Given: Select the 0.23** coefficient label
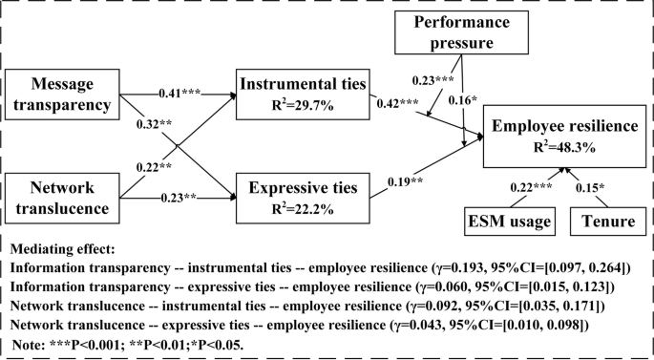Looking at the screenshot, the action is click(x=178, y=199).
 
